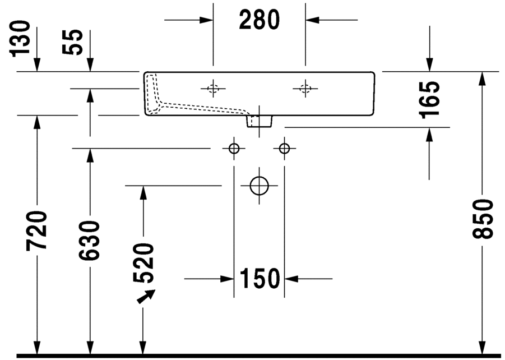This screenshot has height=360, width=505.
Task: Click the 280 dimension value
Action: [x=259, y=20]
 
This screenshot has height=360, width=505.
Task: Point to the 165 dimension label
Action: [x=430, y=99]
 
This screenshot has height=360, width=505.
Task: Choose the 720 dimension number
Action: [x=37, y=230]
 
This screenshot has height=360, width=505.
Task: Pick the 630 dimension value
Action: [x=90, y=241]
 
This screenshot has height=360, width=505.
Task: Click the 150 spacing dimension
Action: [x=260, y=278]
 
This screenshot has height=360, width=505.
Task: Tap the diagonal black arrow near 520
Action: [x=147, y=297]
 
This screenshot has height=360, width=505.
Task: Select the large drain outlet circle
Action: [x=259, y=185]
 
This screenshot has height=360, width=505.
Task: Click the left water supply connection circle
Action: [x=234, y=149]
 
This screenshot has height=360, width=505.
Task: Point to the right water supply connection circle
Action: [x=285, y=149]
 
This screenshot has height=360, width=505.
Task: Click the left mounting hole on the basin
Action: [x=213, y=88]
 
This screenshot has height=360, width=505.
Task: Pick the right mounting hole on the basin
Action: [x=305, y=88]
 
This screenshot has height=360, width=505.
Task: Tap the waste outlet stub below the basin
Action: [x=260, y=120]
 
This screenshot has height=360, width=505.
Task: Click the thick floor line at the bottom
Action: [x=252, y=356]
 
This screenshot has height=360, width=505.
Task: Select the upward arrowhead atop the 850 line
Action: [x=482, y=79]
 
